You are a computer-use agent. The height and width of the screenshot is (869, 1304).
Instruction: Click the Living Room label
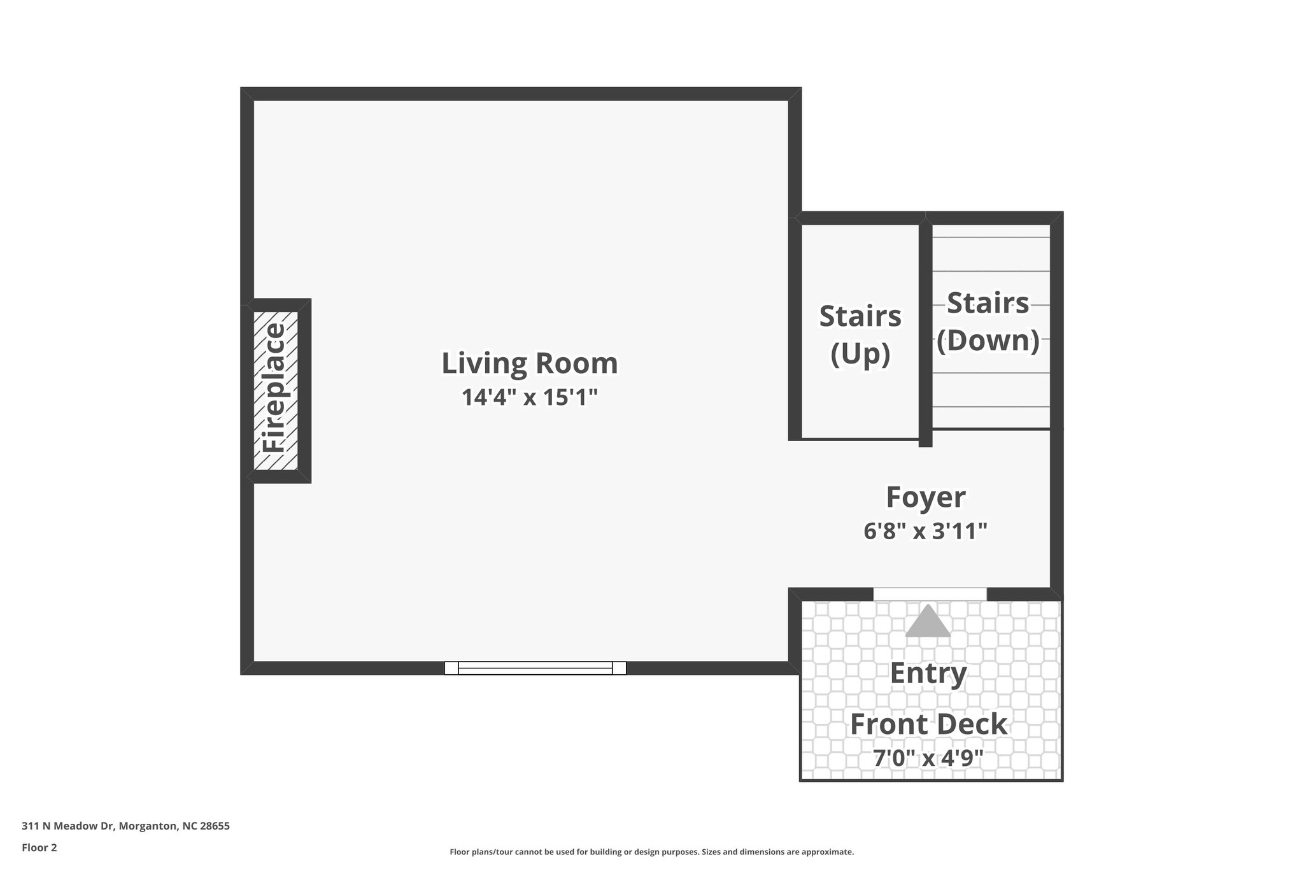[x=529, y=364]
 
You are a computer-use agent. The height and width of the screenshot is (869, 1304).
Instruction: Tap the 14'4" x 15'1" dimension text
[x=529, y=398]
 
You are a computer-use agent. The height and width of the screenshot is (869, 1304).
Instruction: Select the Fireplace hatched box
[x=276, y=390]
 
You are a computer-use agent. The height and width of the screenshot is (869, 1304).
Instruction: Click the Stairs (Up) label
[x=860, y=334]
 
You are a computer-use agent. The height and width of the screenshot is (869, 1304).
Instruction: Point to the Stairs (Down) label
[x=988, y=321]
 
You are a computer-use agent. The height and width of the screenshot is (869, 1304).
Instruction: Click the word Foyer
[x=925, y=497]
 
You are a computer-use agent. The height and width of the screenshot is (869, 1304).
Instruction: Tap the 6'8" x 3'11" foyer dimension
[x=925, y=531]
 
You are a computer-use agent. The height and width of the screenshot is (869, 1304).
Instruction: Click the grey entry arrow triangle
[x=928, y=622]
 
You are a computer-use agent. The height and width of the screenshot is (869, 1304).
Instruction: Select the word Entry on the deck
[x=928, y=673]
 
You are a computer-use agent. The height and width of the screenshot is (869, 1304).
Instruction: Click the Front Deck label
[x=928, y=724]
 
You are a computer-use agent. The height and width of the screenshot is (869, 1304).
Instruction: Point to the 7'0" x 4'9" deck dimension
[x=928, y=758]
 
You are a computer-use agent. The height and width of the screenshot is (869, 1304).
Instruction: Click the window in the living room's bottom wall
[x=535, y=668]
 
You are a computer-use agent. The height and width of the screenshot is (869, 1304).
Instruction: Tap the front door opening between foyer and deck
[x=930, y=593]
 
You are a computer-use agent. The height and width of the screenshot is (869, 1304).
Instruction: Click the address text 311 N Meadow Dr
[x=67, y=826]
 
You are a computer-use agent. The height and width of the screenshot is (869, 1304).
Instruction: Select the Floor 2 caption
[x=39, y=847]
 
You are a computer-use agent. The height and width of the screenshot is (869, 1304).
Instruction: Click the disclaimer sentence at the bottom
[x=651, y=852]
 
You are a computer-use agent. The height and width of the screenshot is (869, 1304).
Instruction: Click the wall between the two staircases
[x=925, y=331]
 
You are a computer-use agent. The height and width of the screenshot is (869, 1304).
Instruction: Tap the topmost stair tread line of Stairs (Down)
[x=991, y=237]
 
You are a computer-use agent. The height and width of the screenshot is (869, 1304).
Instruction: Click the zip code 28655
[x=215, y=826]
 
